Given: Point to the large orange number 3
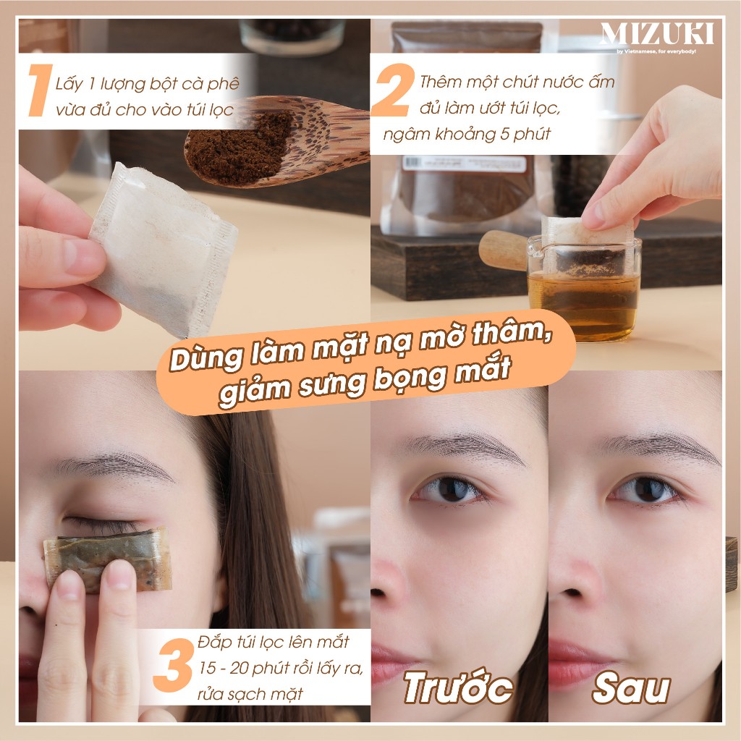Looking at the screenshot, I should click(x=172, y=669).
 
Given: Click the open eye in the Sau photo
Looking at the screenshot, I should click(x=645, y=490).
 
